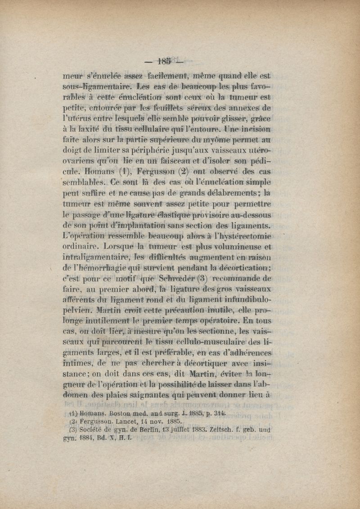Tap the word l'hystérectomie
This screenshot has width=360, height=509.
click(x=243, y=236)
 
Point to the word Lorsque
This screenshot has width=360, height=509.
click(x=118, y=247)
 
